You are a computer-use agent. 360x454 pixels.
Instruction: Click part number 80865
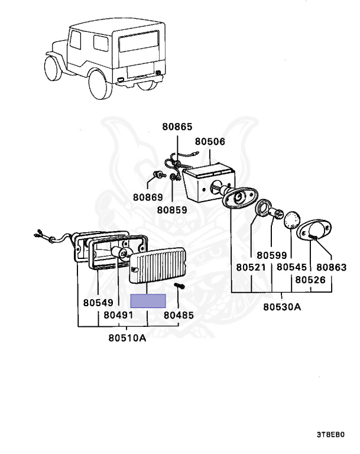click(x=178, y=127)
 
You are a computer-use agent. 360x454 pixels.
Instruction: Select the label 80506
click(x=210, y=142)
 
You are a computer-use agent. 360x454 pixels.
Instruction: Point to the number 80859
click(x=172, y=209)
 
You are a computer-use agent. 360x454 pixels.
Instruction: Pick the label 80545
click(x=292, y=267)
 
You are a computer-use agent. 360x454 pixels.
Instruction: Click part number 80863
click(x=332, y=267)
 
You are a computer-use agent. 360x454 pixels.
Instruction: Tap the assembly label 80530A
click(x=282, y=307)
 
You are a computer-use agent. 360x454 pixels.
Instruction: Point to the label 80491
click(x=118, y=316)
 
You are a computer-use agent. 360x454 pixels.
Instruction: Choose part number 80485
click(x=179, y=316)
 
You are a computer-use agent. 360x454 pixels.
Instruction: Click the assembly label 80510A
click(x=127, y=338)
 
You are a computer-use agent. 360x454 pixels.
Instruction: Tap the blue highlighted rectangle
click(x=148, y=301)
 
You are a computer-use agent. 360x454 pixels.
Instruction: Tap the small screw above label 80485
click(x=179, y=288)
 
